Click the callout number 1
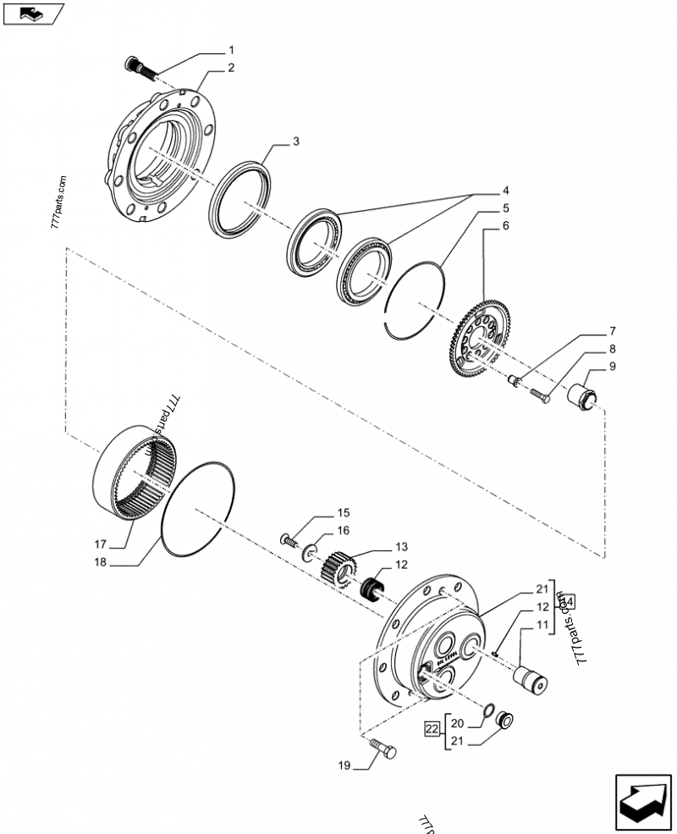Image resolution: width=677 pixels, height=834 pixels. pyautogui.click(x=231, y=51)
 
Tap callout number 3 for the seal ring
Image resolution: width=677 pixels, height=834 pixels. pyautogui.click(x=296, y=142)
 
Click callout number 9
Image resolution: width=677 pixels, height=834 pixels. pyautogui.click(x=612, y=367)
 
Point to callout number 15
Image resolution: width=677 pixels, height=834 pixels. pyautogui.click(x=344, y=513)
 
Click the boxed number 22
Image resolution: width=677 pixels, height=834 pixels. pyautogui.click(x=432, y=727)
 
